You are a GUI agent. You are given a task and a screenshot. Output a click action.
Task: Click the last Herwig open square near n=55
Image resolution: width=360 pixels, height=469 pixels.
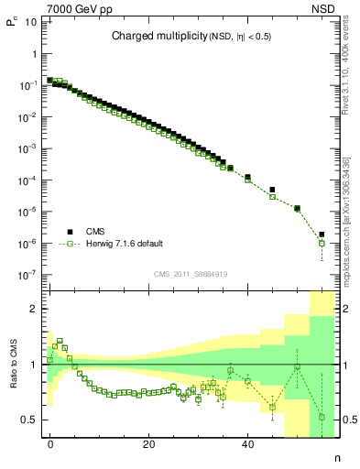tap(322, 244)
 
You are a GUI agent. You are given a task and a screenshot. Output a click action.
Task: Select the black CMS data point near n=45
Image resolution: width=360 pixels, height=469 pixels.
tap(272, 190)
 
